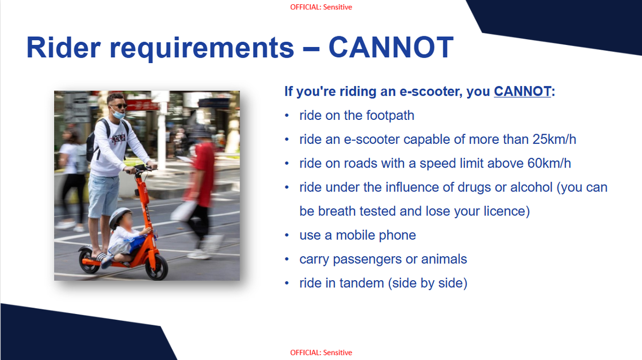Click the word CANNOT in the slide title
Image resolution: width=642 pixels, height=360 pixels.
(x=391, y=47)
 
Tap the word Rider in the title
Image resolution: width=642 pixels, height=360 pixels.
(x=64, y=47)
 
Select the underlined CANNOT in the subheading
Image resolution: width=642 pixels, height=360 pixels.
(x=522, y=91)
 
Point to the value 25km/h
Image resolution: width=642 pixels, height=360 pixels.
(x=554, y=140)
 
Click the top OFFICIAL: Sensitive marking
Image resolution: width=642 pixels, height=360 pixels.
(x=321, y=7)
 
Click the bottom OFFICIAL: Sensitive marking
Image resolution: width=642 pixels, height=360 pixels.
(x=321, y=353)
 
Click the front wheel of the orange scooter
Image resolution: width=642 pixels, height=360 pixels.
(x=157, y=267)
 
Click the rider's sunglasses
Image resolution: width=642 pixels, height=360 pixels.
(x=120, y=106)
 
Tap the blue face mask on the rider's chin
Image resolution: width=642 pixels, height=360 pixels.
(x=118, y=114)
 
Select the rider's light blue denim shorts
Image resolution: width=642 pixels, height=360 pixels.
(x=103, y=195)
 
